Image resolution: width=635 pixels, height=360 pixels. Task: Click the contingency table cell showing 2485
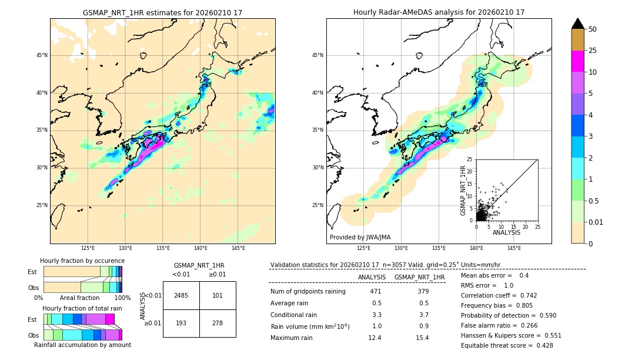click(x=181, y=295)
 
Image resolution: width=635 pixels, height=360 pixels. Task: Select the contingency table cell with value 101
click(x=218, y=295)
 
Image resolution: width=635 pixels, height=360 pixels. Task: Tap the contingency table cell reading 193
click(x=181, y=324)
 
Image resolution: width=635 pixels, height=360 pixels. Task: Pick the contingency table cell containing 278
click(x=218, y=324)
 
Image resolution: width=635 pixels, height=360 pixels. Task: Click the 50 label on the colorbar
click(x=593, y=29)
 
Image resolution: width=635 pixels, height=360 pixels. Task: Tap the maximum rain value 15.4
click(x=422, y=338)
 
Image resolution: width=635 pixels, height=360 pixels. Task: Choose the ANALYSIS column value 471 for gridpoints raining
click(x=376, y=292)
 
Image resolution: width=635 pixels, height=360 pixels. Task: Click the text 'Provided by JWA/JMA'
click(x=360, y=237)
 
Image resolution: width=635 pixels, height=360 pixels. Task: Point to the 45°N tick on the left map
click(x=42, y=55)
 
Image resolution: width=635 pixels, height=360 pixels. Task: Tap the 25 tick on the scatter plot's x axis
click(x=537, y=226)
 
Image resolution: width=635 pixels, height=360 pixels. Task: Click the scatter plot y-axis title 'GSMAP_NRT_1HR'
click(x=463, y=190)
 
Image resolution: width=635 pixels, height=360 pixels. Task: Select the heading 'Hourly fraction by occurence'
click(x=82, y=261)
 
